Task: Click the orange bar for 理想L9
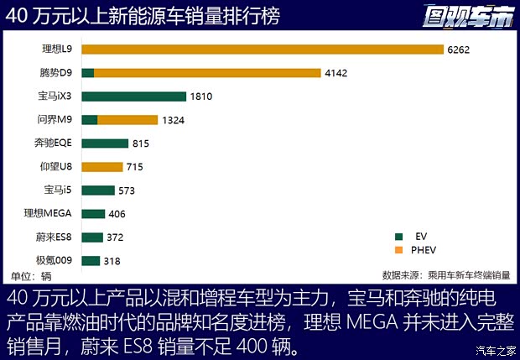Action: click(x=263, y=50)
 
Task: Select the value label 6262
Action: click(x=458, y=50)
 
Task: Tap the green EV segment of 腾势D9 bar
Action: click(x=87, y=73)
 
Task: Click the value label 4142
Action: click(x=335, y=73)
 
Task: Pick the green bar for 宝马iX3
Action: click(x=133, y=97)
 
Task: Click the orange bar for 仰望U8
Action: click(x=102, y=167)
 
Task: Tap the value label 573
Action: click(x=127, y=190)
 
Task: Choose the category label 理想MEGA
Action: click(x=48, y=214)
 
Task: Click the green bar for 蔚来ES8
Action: click(x=92, y=237)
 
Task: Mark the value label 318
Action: click(x=112, y=261)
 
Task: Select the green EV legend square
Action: click(x=400, y=236)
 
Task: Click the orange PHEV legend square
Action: click(x=400, y=249)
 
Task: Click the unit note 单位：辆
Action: click(x=31, y=275)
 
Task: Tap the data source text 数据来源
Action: click(x=445, y=275)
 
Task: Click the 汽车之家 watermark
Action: click(x=494, y=351)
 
